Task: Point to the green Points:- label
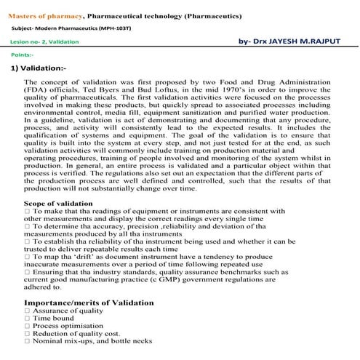click(x=22, y=55)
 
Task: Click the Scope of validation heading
click(x=58, y=203)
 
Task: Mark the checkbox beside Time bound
click(x=27, y=319)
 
